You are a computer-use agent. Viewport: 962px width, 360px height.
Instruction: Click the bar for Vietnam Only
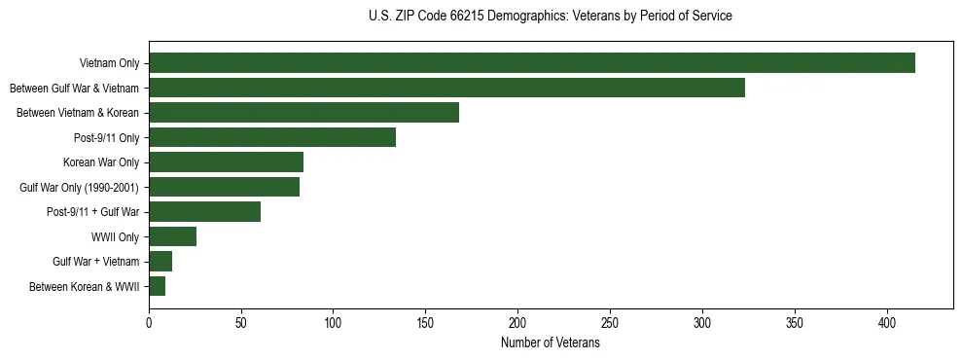(x=532, y=63)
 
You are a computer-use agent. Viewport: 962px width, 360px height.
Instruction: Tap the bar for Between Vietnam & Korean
(x=303, y=113)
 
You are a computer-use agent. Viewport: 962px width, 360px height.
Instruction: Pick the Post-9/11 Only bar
(x=272, y=137)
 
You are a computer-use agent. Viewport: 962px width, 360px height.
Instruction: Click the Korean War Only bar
(x=226, y=162)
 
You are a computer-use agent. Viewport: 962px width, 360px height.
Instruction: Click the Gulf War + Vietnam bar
(x=160, y=261)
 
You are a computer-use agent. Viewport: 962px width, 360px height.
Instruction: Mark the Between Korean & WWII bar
(x=157, y=286)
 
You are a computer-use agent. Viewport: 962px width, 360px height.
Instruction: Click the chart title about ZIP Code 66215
(x=551, y=17)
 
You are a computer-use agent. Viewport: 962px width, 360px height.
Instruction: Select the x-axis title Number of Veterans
(x=551, y=343)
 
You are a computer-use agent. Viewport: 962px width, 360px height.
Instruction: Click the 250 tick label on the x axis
(x=610, y=322)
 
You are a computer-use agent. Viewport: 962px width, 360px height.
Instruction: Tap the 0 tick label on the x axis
(x=149, y=322)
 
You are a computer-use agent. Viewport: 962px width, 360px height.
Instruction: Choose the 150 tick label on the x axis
(x=426, y=322)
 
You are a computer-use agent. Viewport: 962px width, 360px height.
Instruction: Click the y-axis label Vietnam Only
(x=109, y=63)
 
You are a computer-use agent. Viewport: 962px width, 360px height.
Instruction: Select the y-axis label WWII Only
(x=115, y=236)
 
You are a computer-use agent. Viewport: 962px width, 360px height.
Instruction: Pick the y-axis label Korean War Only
(x=101, y=162)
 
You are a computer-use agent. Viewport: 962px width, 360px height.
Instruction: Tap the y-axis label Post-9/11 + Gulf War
(x=93, y=211)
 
